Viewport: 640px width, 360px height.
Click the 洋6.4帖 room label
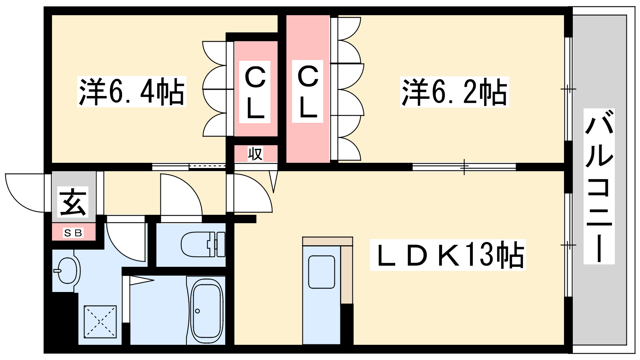[x=132, y=92]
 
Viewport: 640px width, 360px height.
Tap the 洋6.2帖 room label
[x=454, y=92]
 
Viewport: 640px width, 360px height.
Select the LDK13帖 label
[x=448, y=255]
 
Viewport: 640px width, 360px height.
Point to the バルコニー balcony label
[x=599, y=186]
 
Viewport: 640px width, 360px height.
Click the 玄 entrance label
[x=73, y=202]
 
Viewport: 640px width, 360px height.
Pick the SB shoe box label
[x=73, y=233]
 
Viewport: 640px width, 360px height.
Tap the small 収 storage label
[x=255, y=154]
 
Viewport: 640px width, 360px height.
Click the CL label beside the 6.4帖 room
[x=255, y=92]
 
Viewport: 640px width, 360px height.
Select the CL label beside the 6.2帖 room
[x=308, y=92]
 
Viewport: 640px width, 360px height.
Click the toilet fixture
[x=203, y=244]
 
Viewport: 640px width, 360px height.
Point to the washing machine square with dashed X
[x=100, y=322]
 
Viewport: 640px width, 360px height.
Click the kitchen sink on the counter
[x=322, y=272]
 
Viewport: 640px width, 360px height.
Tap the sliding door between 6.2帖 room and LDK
[x=464, y=167]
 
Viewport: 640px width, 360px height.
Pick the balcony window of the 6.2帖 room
[x=568, y=89]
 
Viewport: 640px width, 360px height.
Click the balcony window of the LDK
[x=568, y=245]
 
